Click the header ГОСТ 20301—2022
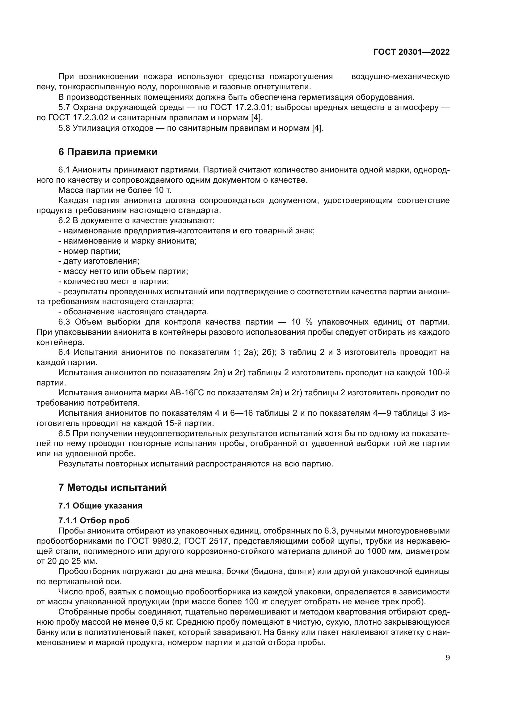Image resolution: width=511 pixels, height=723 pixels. pyautogui.click(x=412, y=52)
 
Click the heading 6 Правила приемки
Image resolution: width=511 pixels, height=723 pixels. pyautogui.click(x=108, y=152)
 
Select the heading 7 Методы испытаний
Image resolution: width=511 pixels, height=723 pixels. pyautogui.click(x=112, y=488)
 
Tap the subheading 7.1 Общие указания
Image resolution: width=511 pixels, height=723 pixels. pyautogui.click(x=100, y=506)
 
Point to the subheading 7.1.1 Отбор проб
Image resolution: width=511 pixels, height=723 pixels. pyautogui.click(x=94, y=521)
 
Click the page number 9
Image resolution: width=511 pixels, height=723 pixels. pyautogui.click(x=448, y=658)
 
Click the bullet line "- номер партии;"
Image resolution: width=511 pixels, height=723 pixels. pyautogui.click(x=90, y=251)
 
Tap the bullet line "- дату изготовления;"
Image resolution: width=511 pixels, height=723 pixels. pyautogui.click(x=99, y=262)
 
